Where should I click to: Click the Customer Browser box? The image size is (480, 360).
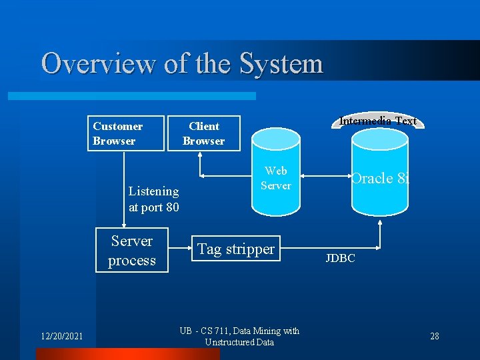(x=126, y=133)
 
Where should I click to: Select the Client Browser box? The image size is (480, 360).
(x=203, y=133)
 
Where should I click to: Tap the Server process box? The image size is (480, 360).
(x=131, y=251)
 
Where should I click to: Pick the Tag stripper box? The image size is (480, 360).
(x=235, y=249)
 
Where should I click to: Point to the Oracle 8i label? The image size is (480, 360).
(x=381, y=178)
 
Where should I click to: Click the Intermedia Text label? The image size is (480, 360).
(x=378, y=121)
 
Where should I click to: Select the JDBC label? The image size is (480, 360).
(x=340, y=258)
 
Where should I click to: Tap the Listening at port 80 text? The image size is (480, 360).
(x=153, y=199)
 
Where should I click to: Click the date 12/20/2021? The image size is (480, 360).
(x=60, y=336)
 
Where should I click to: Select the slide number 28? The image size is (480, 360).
(x=434, y=336)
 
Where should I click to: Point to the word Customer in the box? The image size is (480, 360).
(x=117, y=126)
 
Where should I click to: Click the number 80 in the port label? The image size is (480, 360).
(x=171, y=207)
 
